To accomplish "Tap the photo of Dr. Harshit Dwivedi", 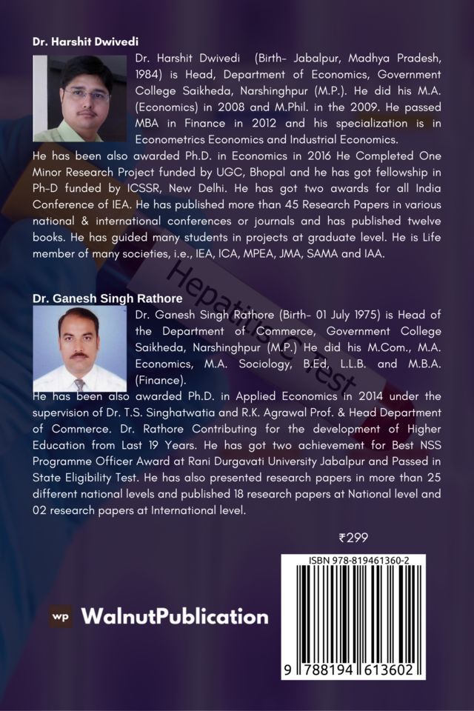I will (80, 99).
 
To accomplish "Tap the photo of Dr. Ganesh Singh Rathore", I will (80, 348).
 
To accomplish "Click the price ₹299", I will (353, 538).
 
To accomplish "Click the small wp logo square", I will (61, 616).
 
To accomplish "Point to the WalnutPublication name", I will (174, 616).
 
